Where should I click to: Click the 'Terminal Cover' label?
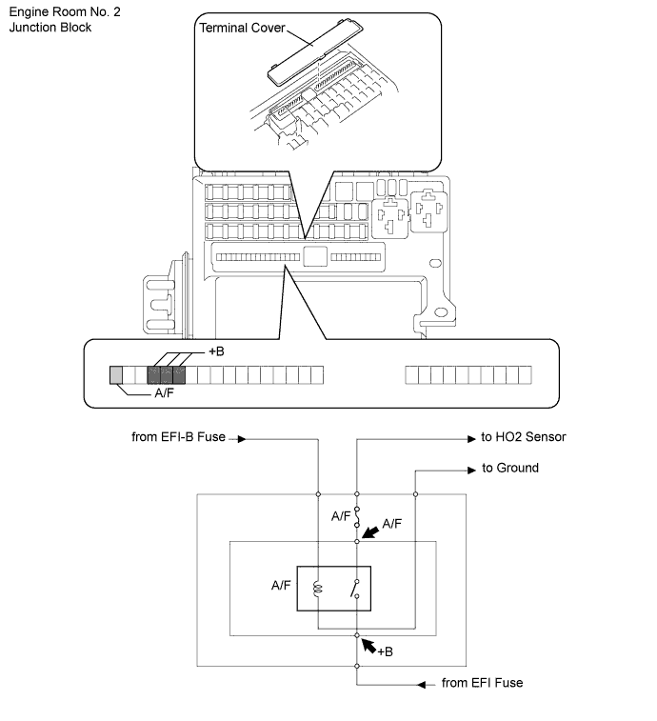pyautogui.click(x=242, y=28)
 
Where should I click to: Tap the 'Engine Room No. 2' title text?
pyautogui.click(x=65, y=12)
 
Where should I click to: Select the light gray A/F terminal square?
pyautogui.click(x=116, y=375)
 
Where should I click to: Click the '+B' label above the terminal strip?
pyautogui.click(x=216, y=351)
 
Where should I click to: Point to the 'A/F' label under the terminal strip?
pyautogui.click(x=164, y=393)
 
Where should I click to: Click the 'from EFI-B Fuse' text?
pyautogui.click(x=178, y=437)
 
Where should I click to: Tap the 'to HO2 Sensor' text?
pyautogui.click(x=523, y=437)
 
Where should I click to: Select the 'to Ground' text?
pyautogui.click(x=509, y=468)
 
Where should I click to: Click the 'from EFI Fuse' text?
pyautogui.click(x=482, y=683)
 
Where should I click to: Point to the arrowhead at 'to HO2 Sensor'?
pyautogui.click(x=471, y=439)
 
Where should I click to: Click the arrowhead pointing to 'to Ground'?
pyautogui.click(x=471, y=470)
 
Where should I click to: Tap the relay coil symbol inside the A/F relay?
pyautogui.click(x=317, y=589)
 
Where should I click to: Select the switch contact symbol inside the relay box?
pyautogui.click(x=355, y=589)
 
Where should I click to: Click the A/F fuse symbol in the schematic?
pyautogui.click(x=357, y=517)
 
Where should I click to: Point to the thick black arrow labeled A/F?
pyautogui.click(x=370, y=532)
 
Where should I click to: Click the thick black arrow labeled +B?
pyautogui.click(x=368, y=645)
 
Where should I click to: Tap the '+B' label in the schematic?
pyautogui.click(x=385, y=652)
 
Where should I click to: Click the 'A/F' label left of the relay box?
pyautogui.click(x=281, y=586)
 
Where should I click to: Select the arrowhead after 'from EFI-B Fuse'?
pyautogui.click(x=242, y=439)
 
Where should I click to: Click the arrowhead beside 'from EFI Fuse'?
pyautogui.click(x=422, y=685)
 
